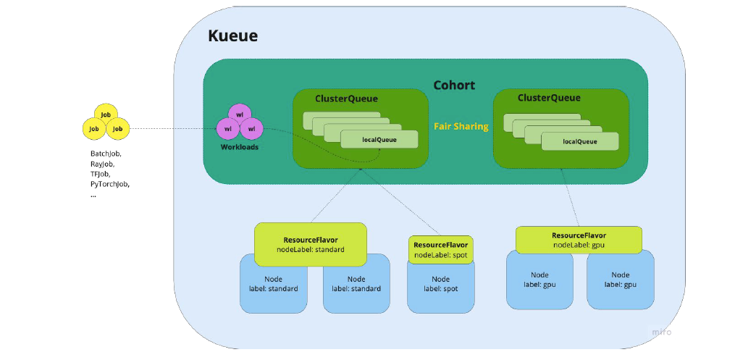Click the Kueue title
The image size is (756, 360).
[x=232, y=36]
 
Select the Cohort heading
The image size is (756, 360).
[x=454, y=85]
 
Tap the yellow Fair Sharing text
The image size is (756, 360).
[x=461, y=127]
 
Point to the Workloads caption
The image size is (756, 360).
[x=239, y=147]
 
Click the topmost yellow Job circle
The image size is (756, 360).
[x=106, y=114]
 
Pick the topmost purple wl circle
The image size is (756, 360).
[x=239, y=114]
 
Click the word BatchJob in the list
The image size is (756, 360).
[x=106, y=154]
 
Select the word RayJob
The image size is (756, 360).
[x=102, y=164]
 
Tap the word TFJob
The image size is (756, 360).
[x=101, y=175]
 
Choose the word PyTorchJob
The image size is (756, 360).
[x=109, y=185]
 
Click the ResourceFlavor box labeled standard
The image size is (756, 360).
[x=310, y=244]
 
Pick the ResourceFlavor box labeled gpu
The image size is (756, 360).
[x=579, y=240]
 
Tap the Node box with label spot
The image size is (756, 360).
[x=440, y=285]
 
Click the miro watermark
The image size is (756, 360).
[x=660, y=332]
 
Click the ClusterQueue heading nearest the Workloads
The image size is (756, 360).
[x=346, y=99]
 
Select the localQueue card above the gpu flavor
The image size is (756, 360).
[x=579, y=141]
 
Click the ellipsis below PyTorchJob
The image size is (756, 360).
[x=93, y=195]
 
